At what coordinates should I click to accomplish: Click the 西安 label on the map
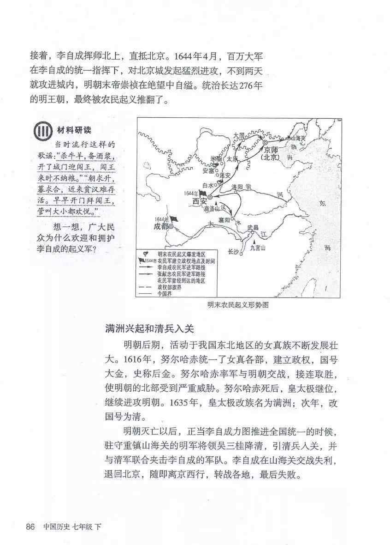pyautogui.click(x=197, y=201)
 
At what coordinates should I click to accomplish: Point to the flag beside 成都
pyautogui.click(x=173, y=219)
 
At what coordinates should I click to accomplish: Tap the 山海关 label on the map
pyautogui.click(x=294, y=138)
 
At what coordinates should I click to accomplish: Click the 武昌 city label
pyautogui.click(x=253, y=227)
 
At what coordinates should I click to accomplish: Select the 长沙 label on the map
pyautogui.click(x=234, y=251)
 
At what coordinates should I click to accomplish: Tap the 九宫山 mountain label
pyautogui.click(x=258, y=248)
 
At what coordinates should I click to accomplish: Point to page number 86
pyautogui.click(x=30, y=526)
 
